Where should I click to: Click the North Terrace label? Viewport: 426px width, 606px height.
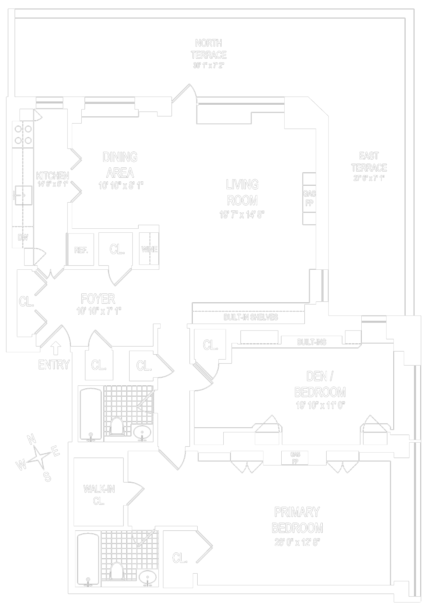(208, 49)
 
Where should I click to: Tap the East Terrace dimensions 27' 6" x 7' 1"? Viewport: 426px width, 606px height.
(369, 178)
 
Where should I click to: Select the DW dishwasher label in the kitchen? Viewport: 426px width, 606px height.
(23, 237)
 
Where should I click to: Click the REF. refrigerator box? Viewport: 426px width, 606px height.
(81, 250)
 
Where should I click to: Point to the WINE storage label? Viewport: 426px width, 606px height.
(149, 249)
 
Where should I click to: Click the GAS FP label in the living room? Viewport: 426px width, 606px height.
(309, 198)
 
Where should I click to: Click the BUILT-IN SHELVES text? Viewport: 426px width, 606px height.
(250, 317)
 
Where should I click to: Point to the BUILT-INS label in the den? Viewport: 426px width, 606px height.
(312, 342)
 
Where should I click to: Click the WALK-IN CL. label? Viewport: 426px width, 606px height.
(99, 495)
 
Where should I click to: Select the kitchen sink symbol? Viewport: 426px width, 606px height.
(23, 195)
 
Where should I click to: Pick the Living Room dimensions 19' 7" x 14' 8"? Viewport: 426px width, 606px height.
(242, 215)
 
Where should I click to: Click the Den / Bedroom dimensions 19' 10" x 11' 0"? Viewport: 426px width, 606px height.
(320, 405)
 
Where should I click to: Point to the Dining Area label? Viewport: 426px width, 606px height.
(120, 165)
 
